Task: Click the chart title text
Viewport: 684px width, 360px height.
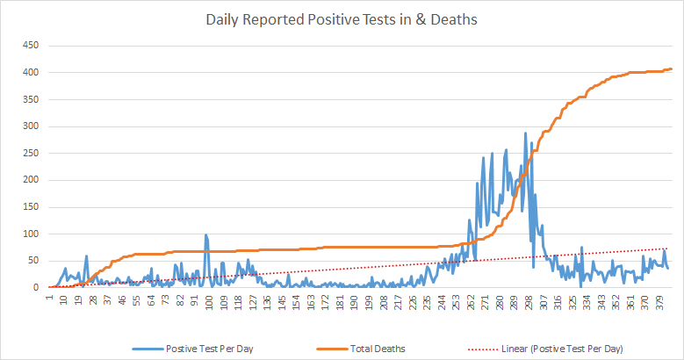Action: (342, 19)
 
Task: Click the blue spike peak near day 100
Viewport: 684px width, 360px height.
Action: (205, 234)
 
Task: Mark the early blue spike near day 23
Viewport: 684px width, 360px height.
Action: (86, 256)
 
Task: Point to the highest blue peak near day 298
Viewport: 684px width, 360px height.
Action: (525, 133)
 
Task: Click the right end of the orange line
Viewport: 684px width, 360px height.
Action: (672, 68)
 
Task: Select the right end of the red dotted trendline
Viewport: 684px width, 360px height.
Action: (672, 248)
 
